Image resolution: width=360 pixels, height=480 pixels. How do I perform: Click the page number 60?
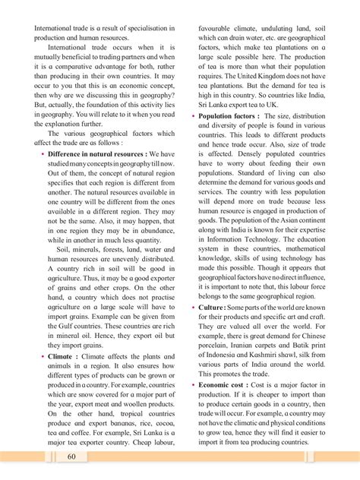click(x=71, y=456)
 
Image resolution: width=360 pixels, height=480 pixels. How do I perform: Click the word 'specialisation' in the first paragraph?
click(x=147, y=28)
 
